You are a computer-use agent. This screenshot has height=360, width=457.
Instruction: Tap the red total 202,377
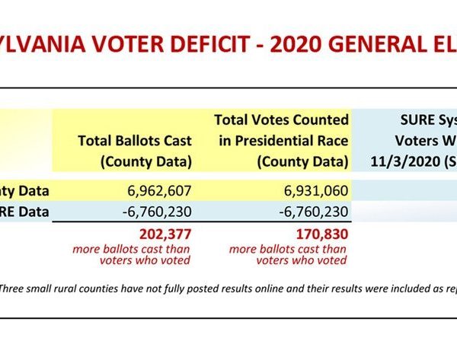[x=161, y=234]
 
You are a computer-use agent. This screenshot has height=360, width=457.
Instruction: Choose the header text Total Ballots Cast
[x=135, y=142]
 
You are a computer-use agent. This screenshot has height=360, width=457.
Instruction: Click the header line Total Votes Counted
[x=282, y=120]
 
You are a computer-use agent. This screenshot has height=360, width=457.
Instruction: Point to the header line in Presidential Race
[x=282, y=142]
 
